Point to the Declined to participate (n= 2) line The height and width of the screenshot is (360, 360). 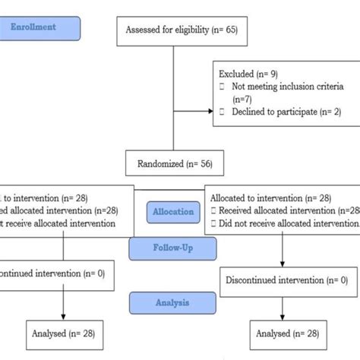coord(281,112)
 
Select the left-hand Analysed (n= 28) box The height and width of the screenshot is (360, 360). coord(64,333)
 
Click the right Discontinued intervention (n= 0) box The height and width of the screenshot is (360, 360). coord(286,280)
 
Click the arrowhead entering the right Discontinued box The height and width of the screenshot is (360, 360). coord(284,264)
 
